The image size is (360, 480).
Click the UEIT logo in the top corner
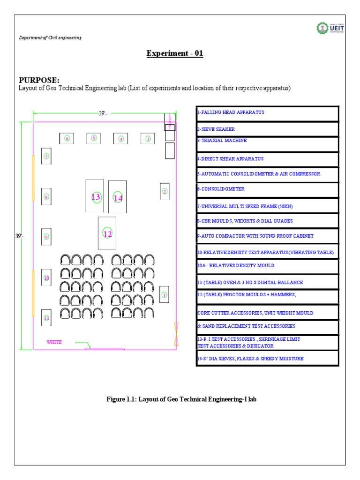(327, 29)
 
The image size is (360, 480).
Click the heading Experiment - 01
(175, 53)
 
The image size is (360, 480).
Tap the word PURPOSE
(39, 80)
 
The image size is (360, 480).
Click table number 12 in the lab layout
(107, 233)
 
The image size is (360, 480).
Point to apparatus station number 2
(165, 191)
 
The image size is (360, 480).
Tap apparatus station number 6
(67, 138)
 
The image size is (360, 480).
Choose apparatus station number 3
(148, 138)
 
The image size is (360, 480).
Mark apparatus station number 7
(46, 156)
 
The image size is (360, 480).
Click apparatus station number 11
(46, 318)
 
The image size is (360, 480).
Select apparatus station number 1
(164, 295)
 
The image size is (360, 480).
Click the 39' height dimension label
(19, 237)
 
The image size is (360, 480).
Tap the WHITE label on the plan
(54, 342)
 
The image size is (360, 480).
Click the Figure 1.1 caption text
(181, 399)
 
